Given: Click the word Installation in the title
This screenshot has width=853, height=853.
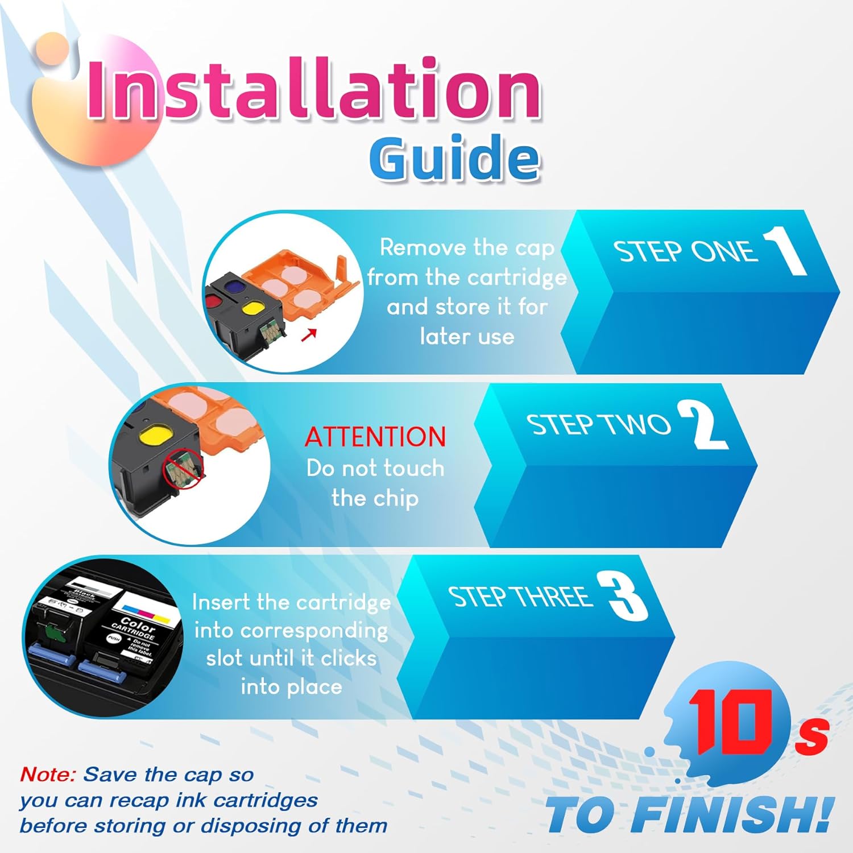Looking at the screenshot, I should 313,91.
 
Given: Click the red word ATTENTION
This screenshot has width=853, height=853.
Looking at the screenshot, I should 375,437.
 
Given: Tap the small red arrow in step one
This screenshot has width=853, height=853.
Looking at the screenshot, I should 308,335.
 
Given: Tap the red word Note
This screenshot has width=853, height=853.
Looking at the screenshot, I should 48,775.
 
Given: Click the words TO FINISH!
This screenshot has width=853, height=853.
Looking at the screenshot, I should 688,814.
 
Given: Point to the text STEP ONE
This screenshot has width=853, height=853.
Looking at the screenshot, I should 685,251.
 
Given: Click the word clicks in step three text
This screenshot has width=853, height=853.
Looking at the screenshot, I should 349,659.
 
